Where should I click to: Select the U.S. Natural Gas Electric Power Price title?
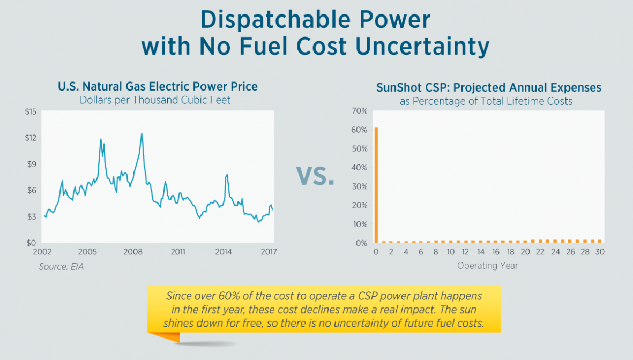(158, 86)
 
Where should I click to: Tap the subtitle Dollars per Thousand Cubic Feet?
(155, 100)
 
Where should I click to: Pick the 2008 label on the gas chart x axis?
(133, 252)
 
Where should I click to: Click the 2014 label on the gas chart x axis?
(224, 252)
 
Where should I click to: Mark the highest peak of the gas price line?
(142, 133)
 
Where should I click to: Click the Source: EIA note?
(61, 266)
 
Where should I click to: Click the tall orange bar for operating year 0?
(376, 185)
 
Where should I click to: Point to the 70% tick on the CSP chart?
(359, 111)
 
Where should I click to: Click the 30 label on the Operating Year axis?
(599, 252)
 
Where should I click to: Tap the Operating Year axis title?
(487, 266)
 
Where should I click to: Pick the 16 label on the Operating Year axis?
(495, 252)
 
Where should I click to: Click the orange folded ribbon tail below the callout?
(164, 337)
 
